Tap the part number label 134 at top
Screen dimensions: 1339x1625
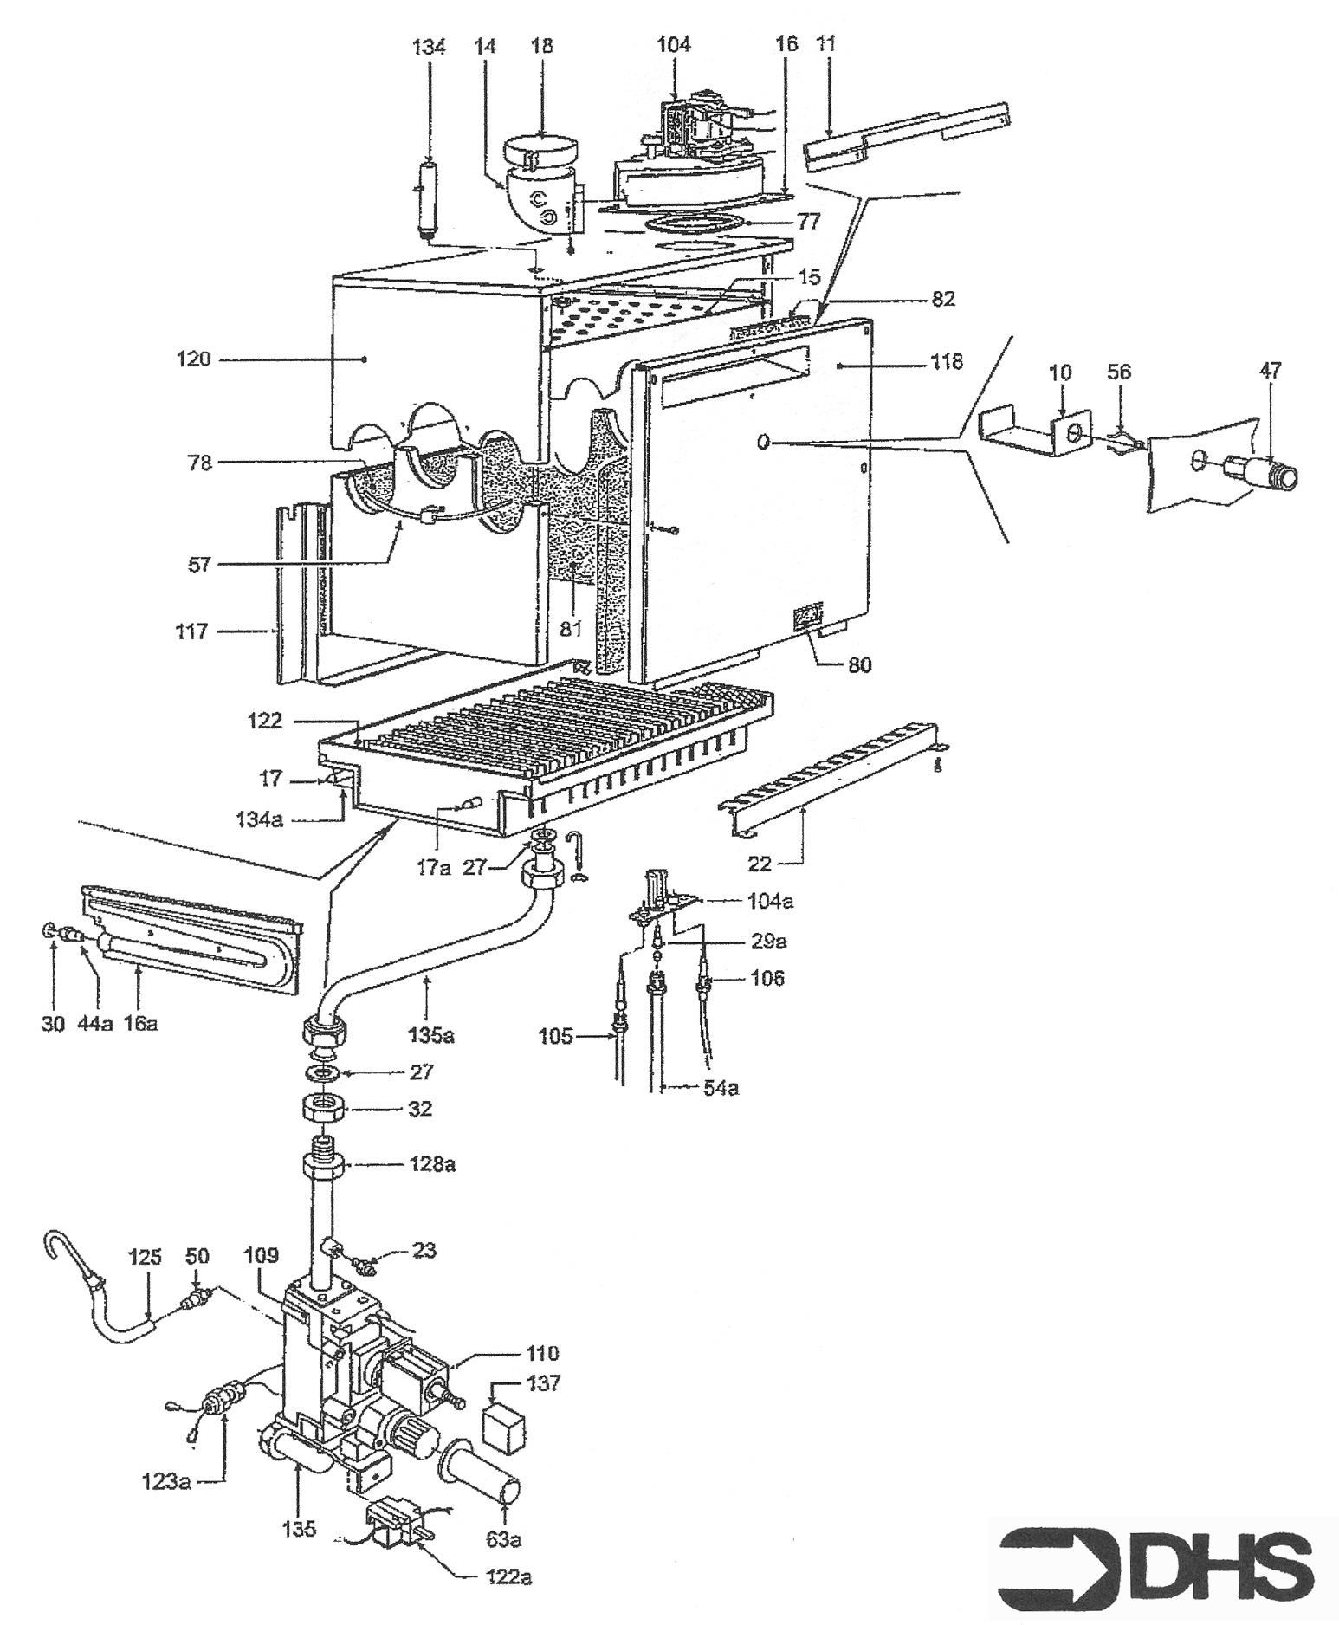(429, 47)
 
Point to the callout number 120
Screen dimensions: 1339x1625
(193, 358)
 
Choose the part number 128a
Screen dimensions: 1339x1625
(431, 1164)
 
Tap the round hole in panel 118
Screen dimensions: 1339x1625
(763, 443)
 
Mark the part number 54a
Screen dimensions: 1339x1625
(720, 1088)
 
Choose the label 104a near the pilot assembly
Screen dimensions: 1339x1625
(769, 901)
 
